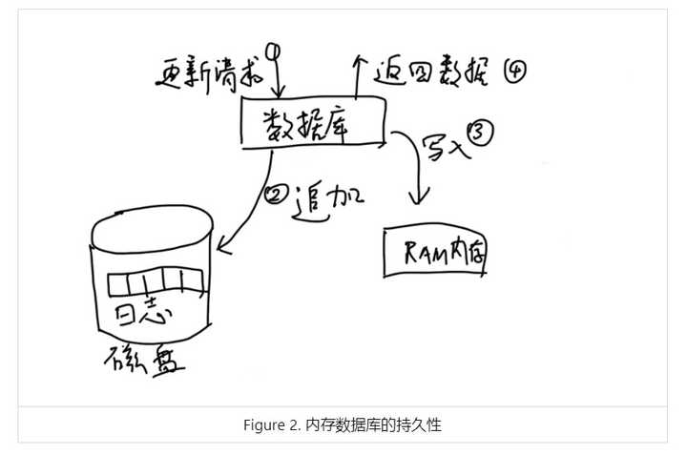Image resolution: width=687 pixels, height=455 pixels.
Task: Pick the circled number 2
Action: coord(273,196)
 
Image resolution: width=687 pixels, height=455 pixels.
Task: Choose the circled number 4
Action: coord(514,71)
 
